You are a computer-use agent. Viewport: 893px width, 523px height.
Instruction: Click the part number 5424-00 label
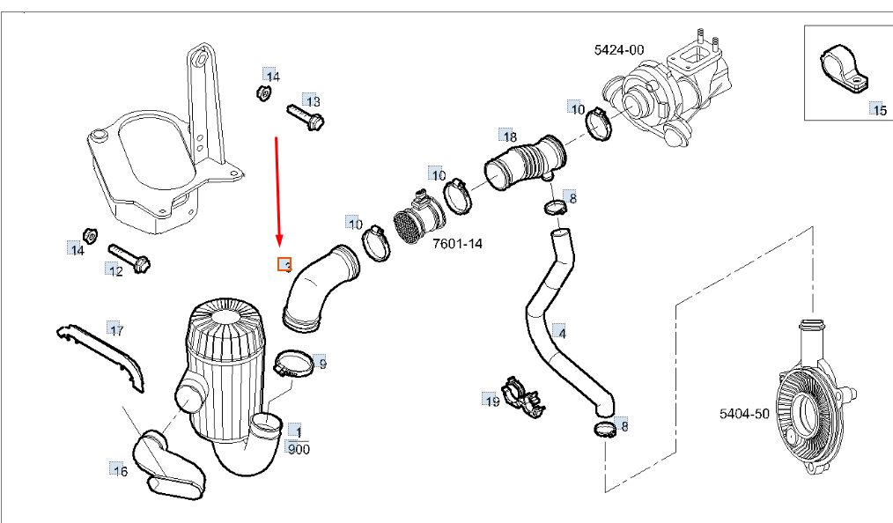click(619, 50)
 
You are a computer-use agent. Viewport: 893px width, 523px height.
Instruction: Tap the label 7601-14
click(457, 243)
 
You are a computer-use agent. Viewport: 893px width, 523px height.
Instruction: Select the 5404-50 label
click(745, 412)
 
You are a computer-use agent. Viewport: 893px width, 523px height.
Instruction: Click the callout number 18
click(508, 136)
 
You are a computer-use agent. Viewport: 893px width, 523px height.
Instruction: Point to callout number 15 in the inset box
click(878, 110)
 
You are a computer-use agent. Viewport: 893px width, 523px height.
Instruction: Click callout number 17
click(115, 330)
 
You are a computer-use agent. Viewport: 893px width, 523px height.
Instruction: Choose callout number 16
click(119, 471)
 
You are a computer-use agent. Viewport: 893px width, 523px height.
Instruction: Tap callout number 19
click(491, 401)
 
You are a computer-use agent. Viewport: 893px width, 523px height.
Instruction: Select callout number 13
click(312, 101)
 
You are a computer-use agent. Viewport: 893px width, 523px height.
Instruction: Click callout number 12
click(115, 270)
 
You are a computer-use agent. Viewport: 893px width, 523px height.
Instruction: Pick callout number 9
click(321, 363)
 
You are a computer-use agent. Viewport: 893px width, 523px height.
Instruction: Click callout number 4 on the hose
click(561, 333)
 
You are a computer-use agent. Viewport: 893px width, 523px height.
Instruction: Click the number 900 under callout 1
click(299, 448)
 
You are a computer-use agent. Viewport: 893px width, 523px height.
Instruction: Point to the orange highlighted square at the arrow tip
click(284, 264)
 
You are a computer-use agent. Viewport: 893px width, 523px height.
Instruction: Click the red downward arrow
click(277, 189)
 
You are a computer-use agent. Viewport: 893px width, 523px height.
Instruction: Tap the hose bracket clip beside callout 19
click(520, 395)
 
